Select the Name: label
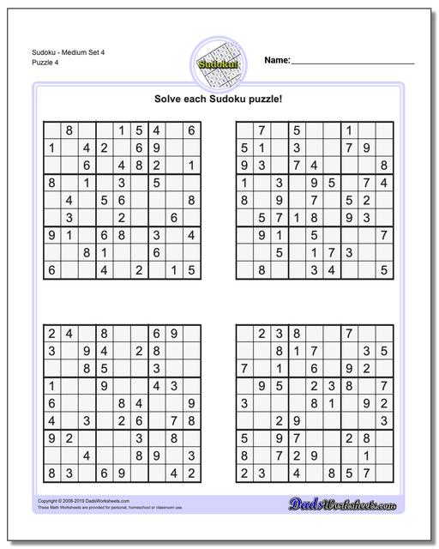(x=277, y=60)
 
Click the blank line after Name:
(x=353, y=62)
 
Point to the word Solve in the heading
(x=169, y=99)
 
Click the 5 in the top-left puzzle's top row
(x=140, y=130)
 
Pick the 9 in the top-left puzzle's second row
(x=157, y=148)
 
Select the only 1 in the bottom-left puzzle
(x=52, y=385)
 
